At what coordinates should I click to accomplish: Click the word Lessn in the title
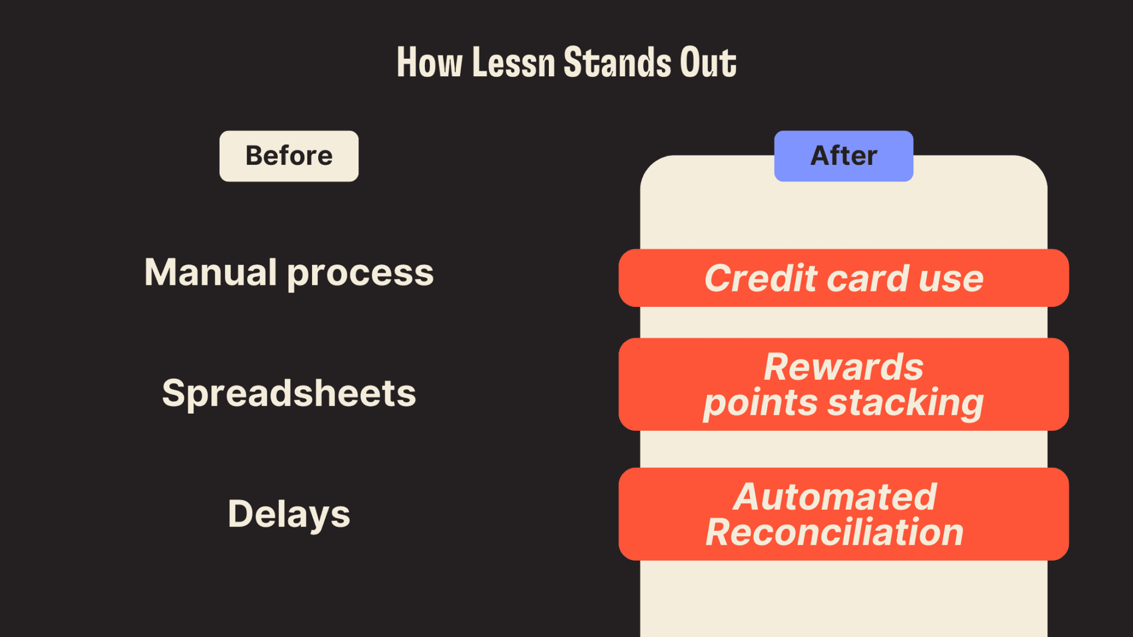pyautogui.click(x=513, y=62)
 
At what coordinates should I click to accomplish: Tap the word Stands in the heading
pyautogui.click(x=617, y=62)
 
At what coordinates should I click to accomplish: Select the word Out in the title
pyautogui.click(x=708, y=62)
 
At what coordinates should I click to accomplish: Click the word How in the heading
pyautogui.click(x=429, y=62)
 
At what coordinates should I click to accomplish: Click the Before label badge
pyautogui.click(x=289, y=156)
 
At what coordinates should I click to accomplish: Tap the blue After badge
pyautogui.click(x=843, y=156)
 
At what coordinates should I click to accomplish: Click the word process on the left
pyautogui.click(x=361, y=274)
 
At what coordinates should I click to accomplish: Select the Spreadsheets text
pyautogui.click(x=289, y=394)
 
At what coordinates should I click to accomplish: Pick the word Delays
pyautogui.click(x=289, y=514)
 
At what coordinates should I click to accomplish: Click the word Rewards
pyautogui.click(x=844, y=367)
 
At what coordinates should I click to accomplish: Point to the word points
pyautogui.click(x=760, y=404)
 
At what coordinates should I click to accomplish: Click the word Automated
pyautogui.click(x=835, y=497)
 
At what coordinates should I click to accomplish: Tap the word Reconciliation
pyautogui.click(x=835, y=532)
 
